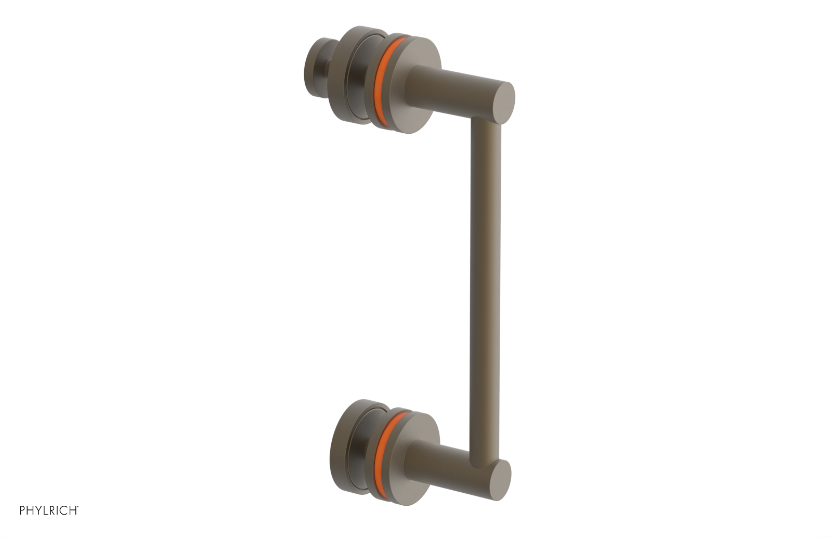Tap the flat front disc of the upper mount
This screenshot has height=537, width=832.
tap(411, 104)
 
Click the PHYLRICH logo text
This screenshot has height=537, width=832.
tap(49, 510)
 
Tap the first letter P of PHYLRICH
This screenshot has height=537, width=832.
tap(23, 510)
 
